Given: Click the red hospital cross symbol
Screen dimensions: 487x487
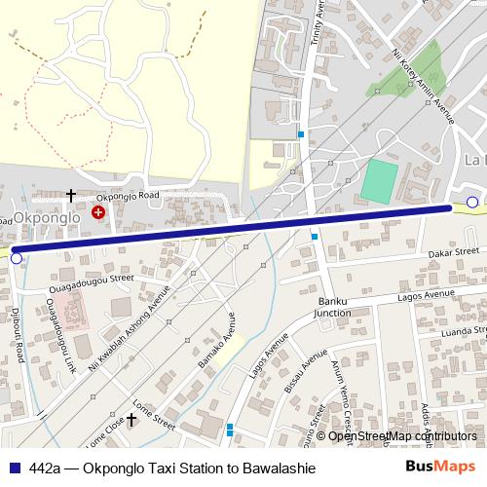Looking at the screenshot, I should coord(98,211).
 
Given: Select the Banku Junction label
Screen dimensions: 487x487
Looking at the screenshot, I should coord(332,307).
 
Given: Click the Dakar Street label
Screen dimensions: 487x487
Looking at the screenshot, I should coord(456,253).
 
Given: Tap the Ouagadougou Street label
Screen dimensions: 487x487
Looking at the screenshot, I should coord(94,279).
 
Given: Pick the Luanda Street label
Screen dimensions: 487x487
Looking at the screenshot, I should coord(464,331).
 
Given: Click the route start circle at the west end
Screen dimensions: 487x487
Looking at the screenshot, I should coord(16,258).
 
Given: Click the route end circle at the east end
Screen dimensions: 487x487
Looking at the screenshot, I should coord(472,203).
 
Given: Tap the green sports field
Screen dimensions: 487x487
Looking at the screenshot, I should coord(380,179).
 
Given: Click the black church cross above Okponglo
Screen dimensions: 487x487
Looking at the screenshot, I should coord(70,196).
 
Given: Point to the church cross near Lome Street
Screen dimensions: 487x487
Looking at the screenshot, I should coord(131,419).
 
